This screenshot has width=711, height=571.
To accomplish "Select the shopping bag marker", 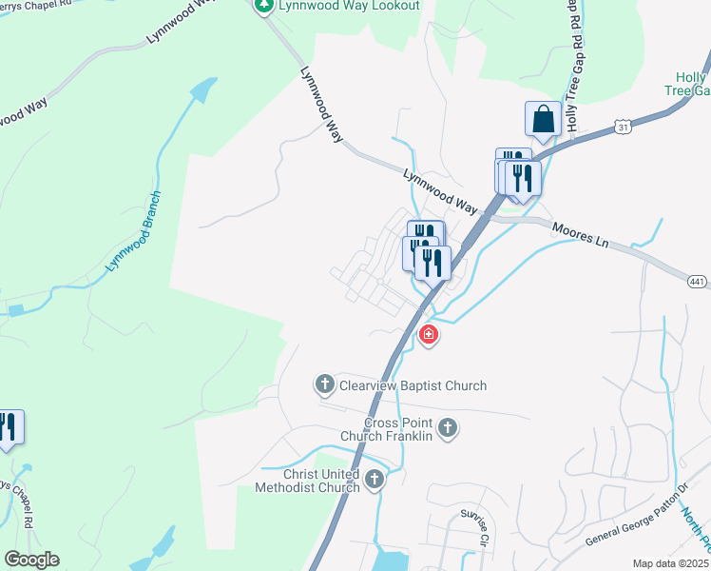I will (543, 119).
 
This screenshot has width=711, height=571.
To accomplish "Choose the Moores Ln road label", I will (580, 235).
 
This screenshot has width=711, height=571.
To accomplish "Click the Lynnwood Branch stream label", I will (134, 231).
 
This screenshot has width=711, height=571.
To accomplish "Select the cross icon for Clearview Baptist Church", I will (324, 385).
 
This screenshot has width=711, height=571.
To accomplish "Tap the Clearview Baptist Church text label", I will (413, 385).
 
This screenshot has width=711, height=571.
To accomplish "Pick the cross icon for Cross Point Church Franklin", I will (448, 429).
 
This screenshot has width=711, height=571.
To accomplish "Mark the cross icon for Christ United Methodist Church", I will (375, 480).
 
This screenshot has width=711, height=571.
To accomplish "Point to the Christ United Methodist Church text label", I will (307, 481).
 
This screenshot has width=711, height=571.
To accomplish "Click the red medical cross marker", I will (429, 334).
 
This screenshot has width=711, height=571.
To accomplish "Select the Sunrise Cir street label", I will (472, 525).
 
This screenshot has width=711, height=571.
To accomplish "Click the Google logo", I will (31, 560).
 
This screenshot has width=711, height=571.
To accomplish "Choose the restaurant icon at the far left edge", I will (8, 427).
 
